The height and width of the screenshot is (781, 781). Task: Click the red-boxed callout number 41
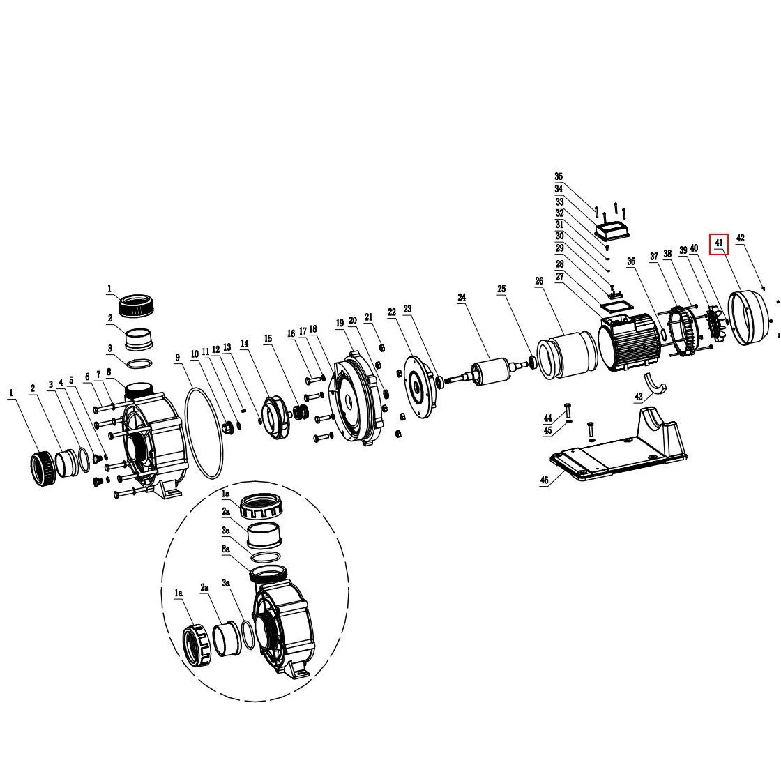[718, 243]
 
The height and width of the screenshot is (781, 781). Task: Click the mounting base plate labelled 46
[619, 446]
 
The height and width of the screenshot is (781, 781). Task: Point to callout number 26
[539, 281]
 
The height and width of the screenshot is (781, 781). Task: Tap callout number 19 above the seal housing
[340, 324]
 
